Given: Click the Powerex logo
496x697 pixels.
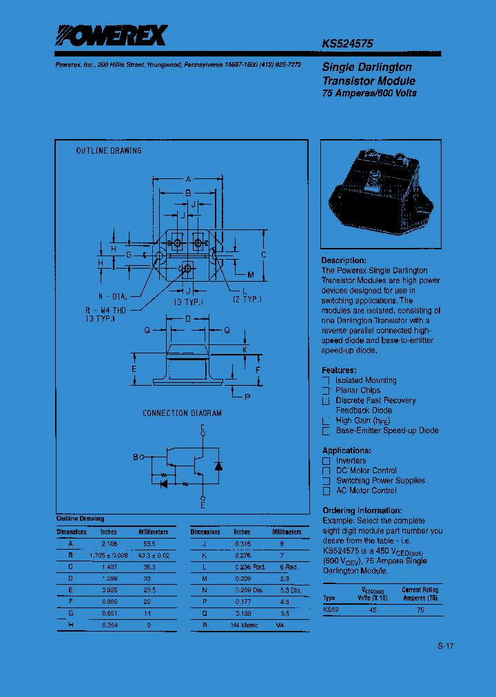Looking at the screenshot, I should [x=111, y=36].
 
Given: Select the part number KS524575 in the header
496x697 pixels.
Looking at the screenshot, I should [x=347, y=43].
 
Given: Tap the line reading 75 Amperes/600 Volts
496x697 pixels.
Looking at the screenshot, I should [x=369, y=93].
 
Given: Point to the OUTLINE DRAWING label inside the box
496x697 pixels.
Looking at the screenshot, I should [x=109, y=151].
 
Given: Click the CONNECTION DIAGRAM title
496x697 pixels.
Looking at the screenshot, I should [x=182, y=413].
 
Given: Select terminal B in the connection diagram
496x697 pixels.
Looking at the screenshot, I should [x=135, y=456].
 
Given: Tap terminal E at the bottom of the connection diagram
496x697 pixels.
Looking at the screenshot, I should [x=203, y=506].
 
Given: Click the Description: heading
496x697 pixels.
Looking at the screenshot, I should [x=344, y=260].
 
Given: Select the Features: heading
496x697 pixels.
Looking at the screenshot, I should [x=340, y=370].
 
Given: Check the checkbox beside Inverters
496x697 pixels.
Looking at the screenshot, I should [x=327, y=461].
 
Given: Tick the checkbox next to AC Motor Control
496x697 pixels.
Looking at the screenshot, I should [x=327, y=491].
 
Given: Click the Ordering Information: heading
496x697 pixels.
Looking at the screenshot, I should [x=362, y=510].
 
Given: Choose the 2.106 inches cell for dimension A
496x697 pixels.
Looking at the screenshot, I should [x=109, y=543].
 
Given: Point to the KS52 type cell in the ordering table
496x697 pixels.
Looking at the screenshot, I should [x=331, y=610].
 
